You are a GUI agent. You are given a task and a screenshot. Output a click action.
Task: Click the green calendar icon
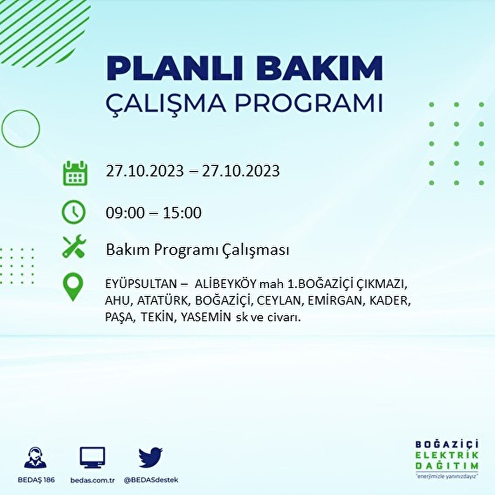pyautogui.click(x=75, y=172)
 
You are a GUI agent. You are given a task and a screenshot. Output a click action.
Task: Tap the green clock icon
pyautogui.click(x=74, y=212)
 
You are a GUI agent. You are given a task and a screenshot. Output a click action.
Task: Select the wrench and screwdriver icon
pyautogui.click(x=74, y=246)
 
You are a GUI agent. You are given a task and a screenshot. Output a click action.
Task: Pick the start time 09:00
pyautogui.click(x=125, y=213)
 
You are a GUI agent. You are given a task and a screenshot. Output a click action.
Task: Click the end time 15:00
pyautogui.click(x=182, y=213)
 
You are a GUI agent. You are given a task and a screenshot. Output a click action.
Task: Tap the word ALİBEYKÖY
pyautogui.click(x=226, y=284)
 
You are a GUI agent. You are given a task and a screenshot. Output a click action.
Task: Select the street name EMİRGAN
pyautogui.click(x=335, y=301)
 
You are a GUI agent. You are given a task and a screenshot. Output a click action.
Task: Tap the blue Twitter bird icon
pyautogui.click(x=151, y=457)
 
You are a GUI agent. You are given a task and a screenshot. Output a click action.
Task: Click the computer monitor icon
pyautogui.click(x=92, y=458)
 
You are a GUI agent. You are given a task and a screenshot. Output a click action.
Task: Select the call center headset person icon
pyautogui.click(x=35, y=457)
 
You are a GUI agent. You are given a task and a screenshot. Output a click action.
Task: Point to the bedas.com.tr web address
pyautogui.click(x=92, y=480)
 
